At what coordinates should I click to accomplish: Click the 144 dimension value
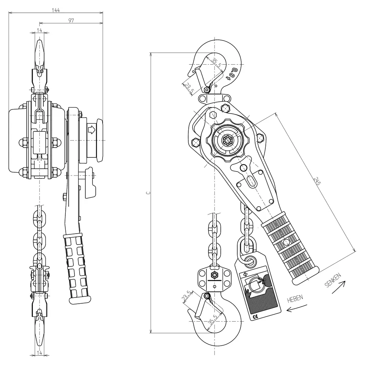[55, 10]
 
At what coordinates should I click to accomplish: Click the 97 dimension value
[71, 20]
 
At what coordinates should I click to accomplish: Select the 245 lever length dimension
[317, 181]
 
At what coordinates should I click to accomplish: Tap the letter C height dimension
[148, 193]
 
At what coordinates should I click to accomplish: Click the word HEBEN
[295, 299]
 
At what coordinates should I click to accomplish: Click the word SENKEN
[333, 280]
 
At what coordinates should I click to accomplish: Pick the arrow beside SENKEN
[339, 287]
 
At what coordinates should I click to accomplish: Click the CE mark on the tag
[255, 316]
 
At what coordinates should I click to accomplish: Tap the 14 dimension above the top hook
[39, 30]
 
